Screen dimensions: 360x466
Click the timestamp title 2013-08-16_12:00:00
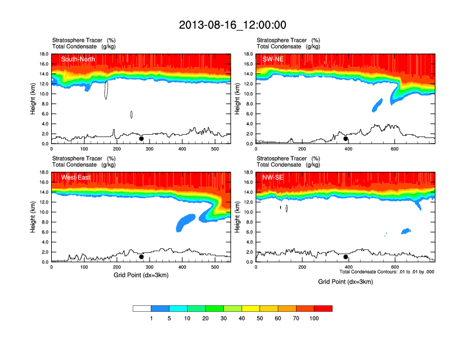pyautogui.click(x=232, y=25)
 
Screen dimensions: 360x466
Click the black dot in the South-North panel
pyautogui.click(x=141, y=139)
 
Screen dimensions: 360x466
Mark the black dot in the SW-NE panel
pyautogui.click(x=346, y=139)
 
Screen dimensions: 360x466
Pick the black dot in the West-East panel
pyautogui.click(x=141, y=257)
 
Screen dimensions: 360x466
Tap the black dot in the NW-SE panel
pyautogui.click(x=346, y=257)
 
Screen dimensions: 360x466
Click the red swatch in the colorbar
pyautogui.click(x=323, y=308)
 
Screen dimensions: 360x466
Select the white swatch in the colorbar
pyautogui.click(x=142, y=308)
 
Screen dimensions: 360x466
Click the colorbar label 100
pyautogui.click(x=314, y=318)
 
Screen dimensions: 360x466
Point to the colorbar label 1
pyautogui.click(x=151, y=318)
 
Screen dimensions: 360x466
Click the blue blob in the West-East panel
pyautogui.click(x=189, y=222)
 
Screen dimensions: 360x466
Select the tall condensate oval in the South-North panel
pyautogui.click(x=106, y=89)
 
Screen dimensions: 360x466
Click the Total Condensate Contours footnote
pyautogui.click(x=387, y=272)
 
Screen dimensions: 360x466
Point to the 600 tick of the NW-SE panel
pyautogui.click(x=395, y=268)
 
